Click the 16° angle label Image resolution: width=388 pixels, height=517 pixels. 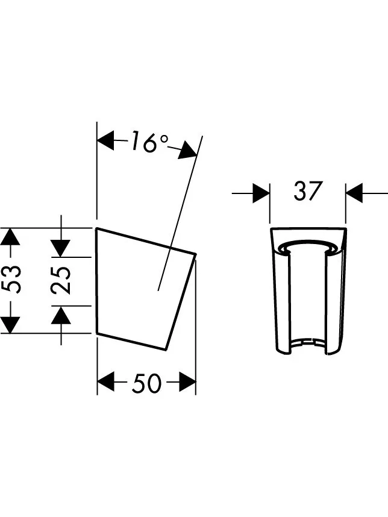tap(149, 142)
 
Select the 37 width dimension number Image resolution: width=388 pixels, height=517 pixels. tap(307, 190)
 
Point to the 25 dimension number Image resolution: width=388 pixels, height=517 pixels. tap(61, 280)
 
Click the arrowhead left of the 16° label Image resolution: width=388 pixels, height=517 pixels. tap(106, 140)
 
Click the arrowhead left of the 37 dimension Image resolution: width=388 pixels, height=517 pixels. tap(261, 193)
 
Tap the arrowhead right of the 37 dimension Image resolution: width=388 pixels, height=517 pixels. tap(354, 193)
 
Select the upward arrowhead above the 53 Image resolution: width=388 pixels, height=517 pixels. tap(11, 237)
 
